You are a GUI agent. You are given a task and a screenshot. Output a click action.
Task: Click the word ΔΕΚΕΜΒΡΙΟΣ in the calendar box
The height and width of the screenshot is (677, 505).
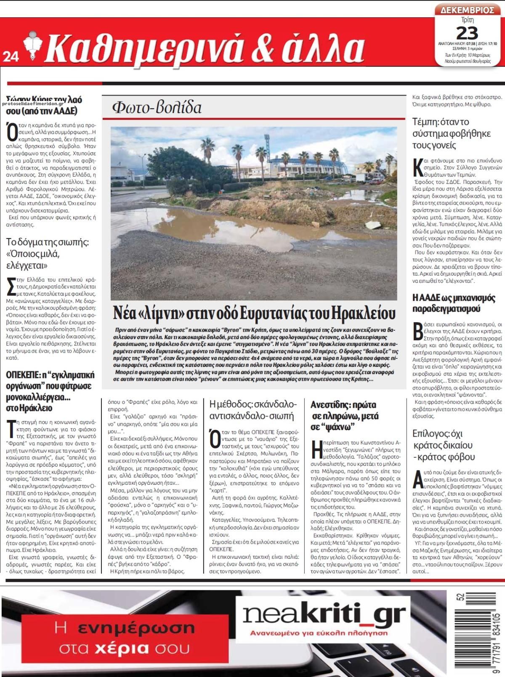pyautogui.click(x=467, y=10)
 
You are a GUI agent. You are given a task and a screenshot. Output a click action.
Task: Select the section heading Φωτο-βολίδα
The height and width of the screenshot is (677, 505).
pyautogui.click(x=157, y=108)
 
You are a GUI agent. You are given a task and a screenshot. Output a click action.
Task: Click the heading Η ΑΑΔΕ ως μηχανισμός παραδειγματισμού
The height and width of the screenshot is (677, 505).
pyautogui.click(x=454, y=303)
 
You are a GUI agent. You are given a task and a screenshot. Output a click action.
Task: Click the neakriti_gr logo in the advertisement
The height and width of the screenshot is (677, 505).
pyautogui.click(x=324, y=615)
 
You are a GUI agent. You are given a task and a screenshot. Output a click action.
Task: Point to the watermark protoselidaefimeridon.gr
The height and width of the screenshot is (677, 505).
pyautogui.click(x=33, y=104)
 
